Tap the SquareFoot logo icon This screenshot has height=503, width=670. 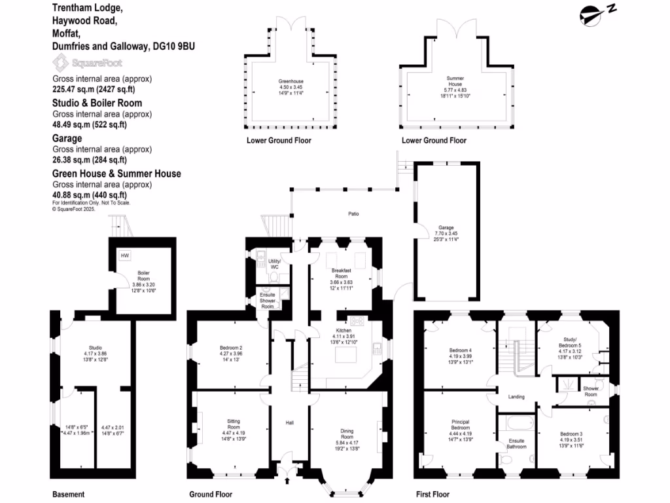tap(60, 64)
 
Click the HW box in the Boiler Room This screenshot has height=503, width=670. tap(124, 255)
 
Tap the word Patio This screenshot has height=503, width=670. tap(353, 214)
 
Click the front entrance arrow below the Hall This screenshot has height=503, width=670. tap(288, 482)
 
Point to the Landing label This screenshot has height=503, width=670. tap(516, 396)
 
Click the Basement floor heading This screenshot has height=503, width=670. tap(68, 494)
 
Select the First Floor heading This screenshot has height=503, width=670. tap(432, 494)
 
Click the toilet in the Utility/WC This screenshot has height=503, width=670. tap(273, 277)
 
